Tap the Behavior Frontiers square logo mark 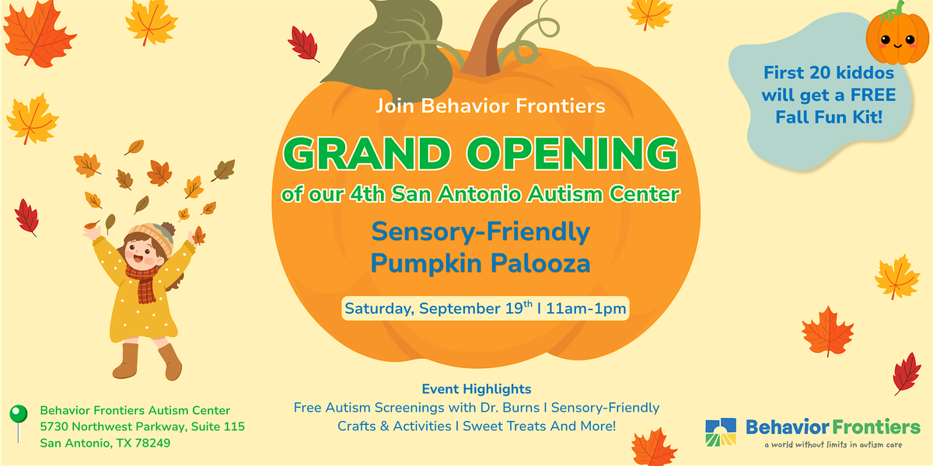(x=721, y=432)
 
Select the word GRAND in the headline (x=367, y=154)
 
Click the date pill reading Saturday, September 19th (x=485, y=308)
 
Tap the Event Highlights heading (x=477, y=389)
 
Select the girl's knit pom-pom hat (x=153, y=237)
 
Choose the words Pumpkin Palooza (x=480, y=263)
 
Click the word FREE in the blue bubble (x=873, y=95)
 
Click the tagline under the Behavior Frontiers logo (x=833, y=445)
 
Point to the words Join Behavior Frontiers (x=491, y=106)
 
